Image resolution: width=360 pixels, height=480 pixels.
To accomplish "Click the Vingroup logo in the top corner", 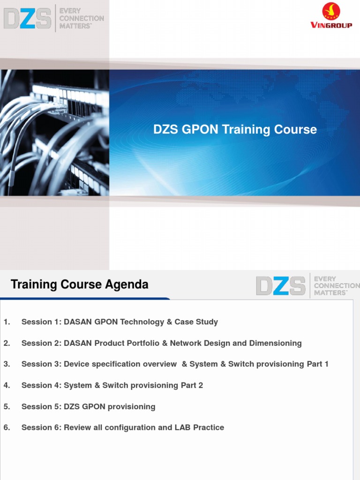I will point(331,16).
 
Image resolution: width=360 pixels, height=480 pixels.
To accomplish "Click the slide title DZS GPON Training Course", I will point(235,129).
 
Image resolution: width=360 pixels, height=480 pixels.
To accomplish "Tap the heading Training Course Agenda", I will point(79,285).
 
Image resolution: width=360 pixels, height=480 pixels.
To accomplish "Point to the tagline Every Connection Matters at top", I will point(81,18).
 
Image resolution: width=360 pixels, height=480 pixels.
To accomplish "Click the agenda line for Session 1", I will point(120,322).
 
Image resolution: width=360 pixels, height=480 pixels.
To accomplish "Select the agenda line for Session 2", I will point(161,343).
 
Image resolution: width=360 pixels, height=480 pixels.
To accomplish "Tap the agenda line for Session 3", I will point(175,364).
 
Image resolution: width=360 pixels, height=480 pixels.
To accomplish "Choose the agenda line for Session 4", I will point(112,385).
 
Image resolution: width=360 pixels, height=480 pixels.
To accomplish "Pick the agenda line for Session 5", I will point(88,406).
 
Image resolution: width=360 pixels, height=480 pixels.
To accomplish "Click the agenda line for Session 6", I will point(122,427).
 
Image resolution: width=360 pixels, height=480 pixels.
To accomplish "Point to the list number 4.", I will point(7,385).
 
